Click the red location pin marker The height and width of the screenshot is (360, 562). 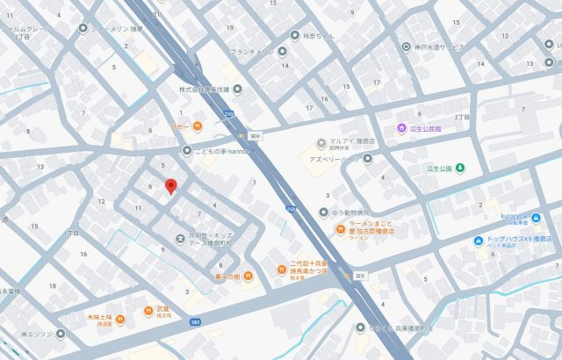[x=171, y=186]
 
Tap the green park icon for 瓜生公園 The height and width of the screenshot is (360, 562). [x=460, y=169]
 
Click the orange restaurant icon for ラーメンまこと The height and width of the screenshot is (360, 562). [x=339, y=230]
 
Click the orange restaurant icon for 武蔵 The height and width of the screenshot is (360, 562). [x=148, y=311]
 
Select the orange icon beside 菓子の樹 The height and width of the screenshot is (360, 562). [x=248, y=278]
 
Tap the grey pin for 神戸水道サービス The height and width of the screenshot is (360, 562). [x=406, y=46]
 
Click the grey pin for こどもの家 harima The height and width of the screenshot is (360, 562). [x=187, y=150]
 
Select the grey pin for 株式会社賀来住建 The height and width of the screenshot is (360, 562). [x=237, y=89]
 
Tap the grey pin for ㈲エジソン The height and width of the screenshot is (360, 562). [x=60, y=334]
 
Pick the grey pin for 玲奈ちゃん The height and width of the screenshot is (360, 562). [x=294, y=36]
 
